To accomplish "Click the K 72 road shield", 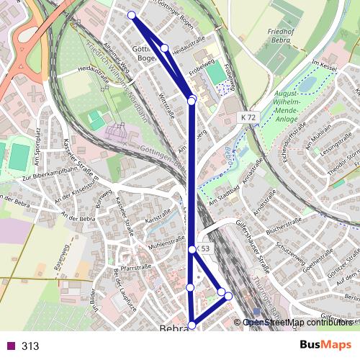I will coord(248,117).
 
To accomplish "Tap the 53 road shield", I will coord(204,248).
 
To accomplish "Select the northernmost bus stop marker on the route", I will coord(131,15).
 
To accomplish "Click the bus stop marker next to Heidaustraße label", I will coord(165,48).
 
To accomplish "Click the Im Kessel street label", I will coord(324,66).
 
